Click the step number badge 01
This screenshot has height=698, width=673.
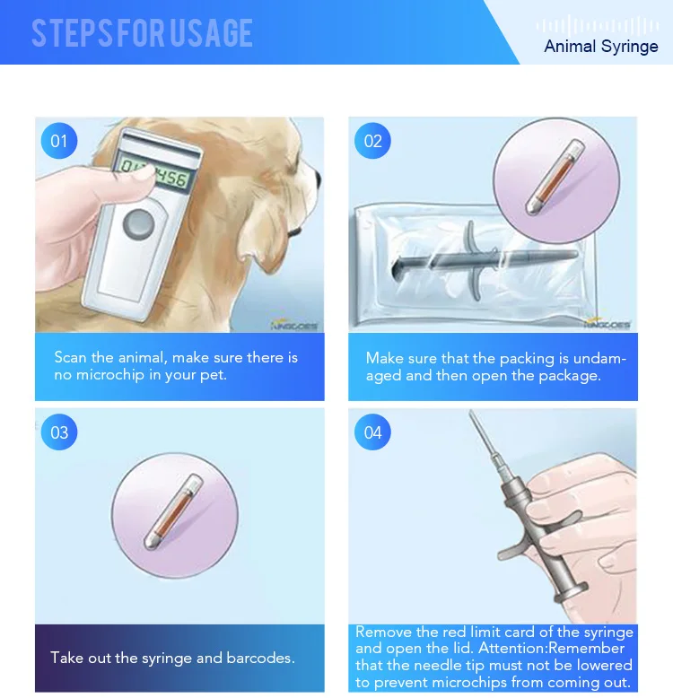[59, 141]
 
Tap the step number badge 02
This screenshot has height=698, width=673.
[372, 141]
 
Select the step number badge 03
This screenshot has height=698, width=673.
[59, 432]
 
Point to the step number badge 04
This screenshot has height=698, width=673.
[372, 432]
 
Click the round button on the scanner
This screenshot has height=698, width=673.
[138, 222]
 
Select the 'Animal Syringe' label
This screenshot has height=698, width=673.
[600, 46]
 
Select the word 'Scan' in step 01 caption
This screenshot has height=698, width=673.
[71, 358]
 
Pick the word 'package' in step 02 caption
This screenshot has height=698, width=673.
[569, 375]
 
